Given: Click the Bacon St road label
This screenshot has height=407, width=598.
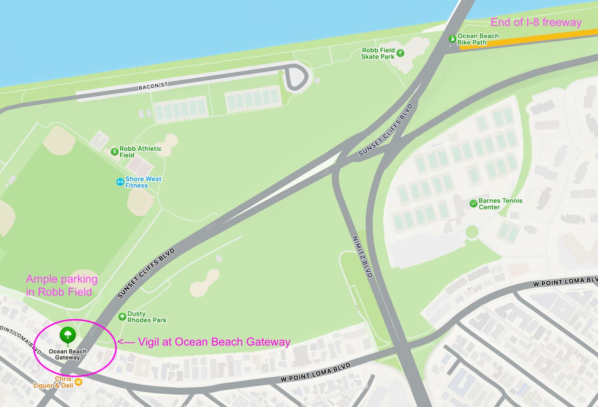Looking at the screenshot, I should pos(153,86).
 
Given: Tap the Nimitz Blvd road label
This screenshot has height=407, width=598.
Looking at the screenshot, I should pos(362,257).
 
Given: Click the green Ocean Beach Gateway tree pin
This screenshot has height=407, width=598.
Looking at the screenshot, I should pos(68,335).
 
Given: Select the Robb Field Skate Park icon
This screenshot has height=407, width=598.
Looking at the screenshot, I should pos(400,53).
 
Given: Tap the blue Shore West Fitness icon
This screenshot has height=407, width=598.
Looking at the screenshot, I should pos(120,182).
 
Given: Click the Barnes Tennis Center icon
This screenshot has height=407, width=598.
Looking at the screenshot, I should pos(473,203).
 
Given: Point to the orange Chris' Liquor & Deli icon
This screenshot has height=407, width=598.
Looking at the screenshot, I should pos(79,382).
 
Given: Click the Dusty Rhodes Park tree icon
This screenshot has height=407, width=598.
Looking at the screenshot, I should pos(122,317).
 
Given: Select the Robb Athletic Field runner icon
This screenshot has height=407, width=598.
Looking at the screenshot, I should pos(114,152).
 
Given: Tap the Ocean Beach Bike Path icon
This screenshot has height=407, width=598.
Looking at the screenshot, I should pos(452,39).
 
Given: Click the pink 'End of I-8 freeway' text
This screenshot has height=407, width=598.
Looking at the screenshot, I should pos(536,23).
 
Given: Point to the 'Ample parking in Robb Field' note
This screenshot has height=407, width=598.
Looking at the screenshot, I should pos(62,286).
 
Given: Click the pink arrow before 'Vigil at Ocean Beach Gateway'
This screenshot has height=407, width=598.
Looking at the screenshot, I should pos(126,342).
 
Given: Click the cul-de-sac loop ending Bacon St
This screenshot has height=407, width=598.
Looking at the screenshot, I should pos(296,77).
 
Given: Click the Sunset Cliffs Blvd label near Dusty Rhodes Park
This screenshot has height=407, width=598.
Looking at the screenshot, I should pos(146,273).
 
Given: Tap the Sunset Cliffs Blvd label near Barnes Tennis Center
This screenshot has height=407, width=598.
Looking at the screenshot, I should pos(386,130).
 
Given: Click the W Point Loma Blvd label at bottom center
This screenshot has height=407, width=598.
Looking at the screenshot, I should pos(315,372).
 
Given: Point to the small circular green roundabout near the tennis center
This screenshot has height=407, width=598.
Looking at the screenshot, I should pos(472,232).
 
